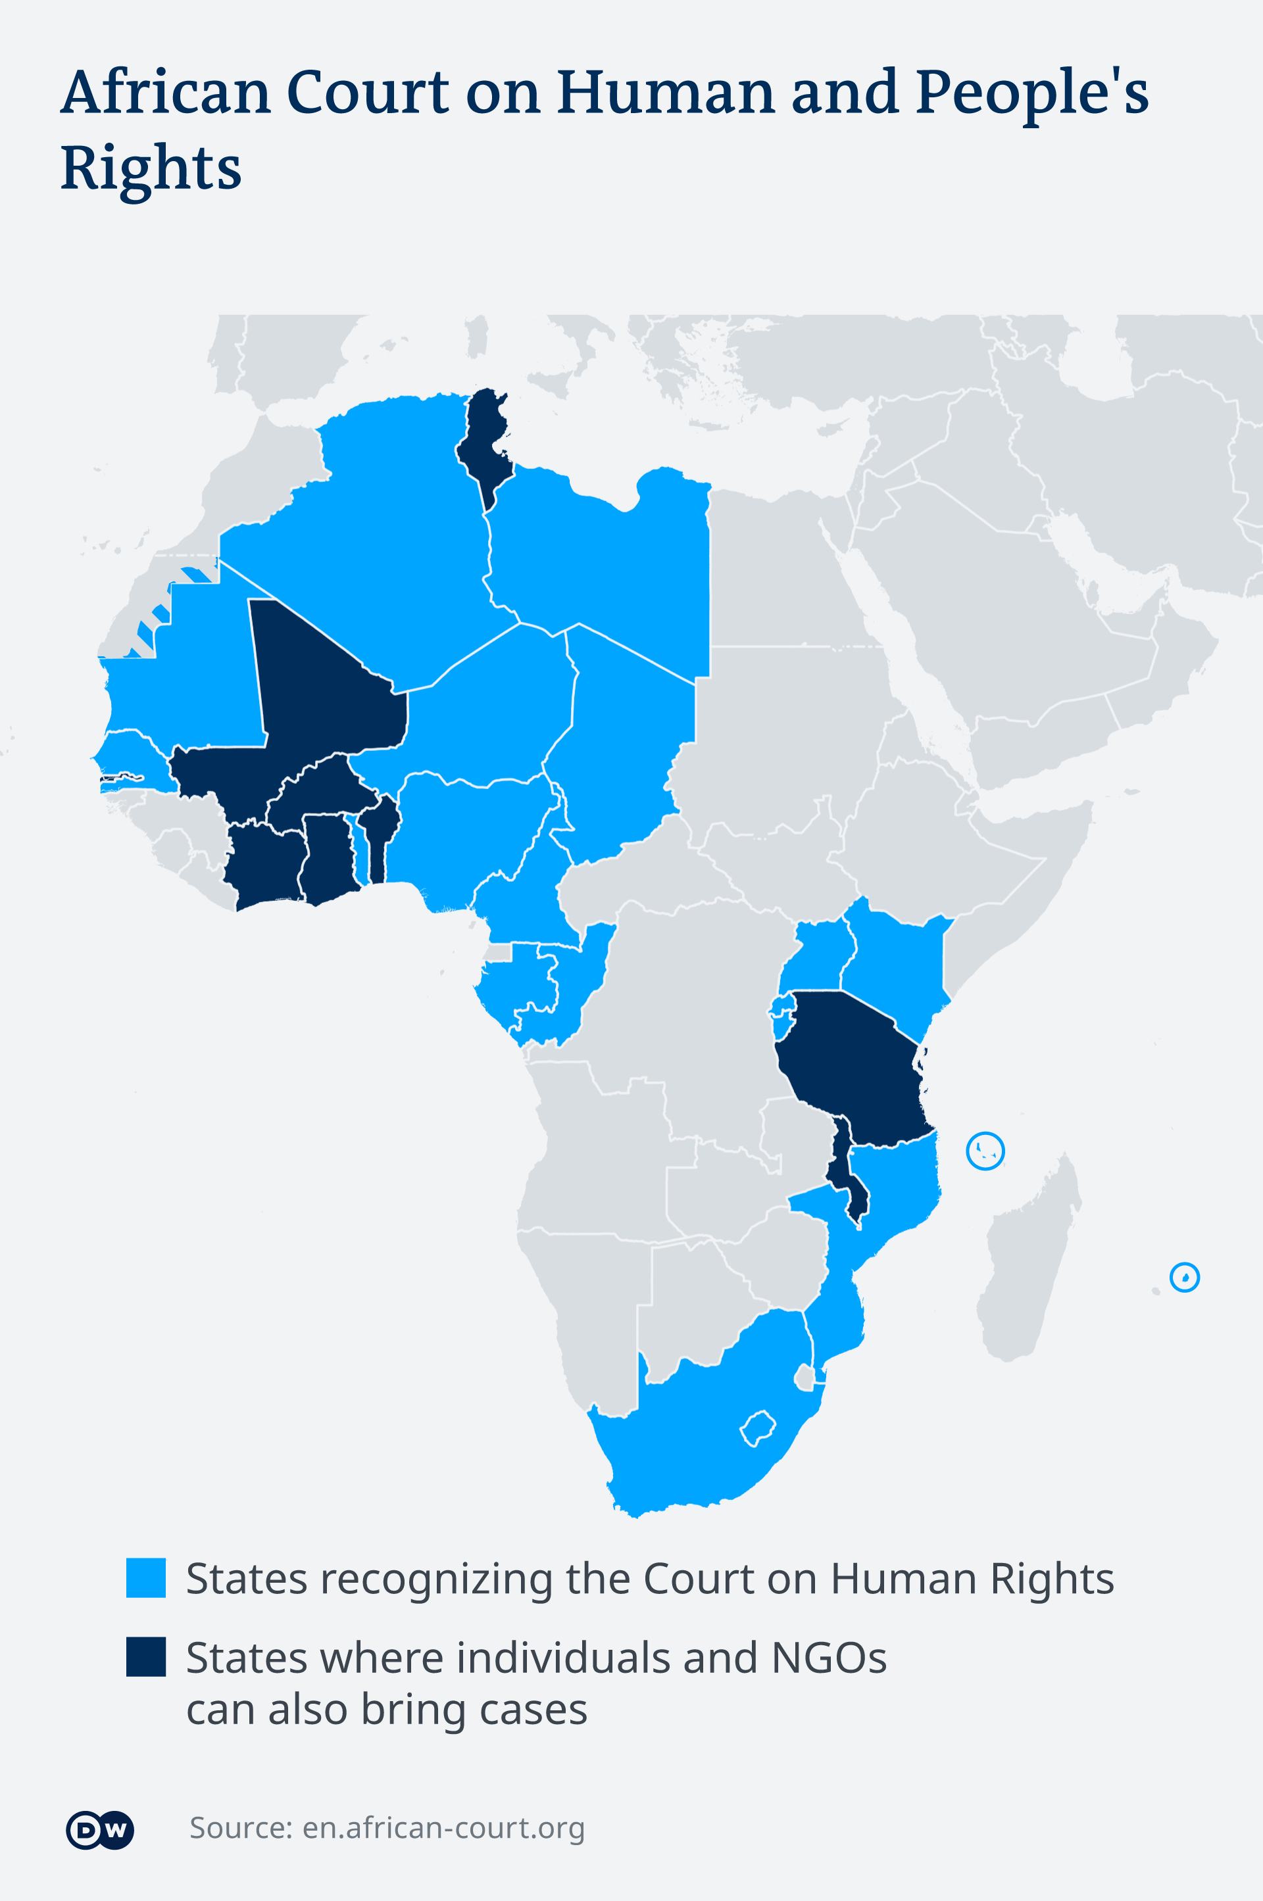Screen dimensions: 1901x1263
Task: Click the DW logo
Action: click(x=99, y=1829)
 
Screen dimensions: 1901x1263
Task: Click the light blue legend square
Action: click(x=146, y=1577)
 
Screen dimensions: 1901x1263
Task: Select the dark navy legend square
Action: click(x=146, y=1656)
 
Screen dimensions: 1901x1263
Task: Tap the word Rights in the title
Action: click(x=151, y=168)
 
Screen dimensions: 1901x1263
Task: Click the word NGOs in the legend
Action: click(x=829, y=1658)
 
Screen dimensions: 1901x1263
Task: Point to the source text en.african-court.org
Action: click(x=443, y=1828)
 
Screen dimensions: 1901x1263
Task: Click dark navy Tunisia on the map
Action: click(x=483, y=439)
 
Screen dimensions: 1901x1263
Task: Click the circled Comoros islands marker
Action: click(x=985, y=1151)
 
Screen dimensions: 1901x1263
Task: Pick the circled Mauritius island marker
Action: click(x=1184, y=1277)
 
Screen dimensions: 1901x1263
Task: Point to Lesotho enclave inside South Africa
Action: click(x=758, y=1428)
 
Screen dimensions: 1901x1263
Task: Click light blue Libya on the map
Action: click(x=604, y=564)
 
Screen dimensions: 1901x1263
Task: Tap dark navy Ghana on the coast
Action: click(x=326, y=857)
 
